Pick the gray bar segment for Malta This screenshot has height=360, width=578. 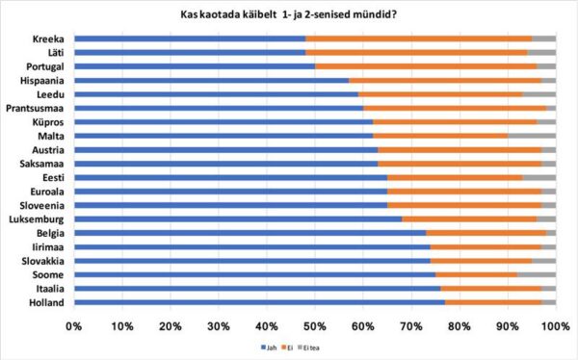click(x=532, y=137)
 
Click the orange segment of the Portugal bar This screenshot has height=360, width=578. click(x=425, y=66)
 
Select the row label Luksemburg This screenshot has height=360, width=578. click(x=38, y=219)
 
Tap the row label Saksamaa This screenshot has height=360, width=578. click(x=42, y=165)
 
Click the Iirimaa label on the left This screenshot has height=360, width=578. click(x=45, y=247)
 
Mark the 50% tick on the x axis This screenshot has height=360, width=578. click(x=314, y=326)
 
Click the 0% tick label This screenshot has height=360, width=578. click(x=73, y=326)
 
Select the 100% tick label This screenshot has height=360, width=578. click(x=553, y=326)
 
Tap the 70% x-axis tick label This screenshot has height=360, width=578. click(x=410, y=326)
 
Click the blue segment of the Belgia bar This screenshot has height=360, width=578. click(x=250, y=233)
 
